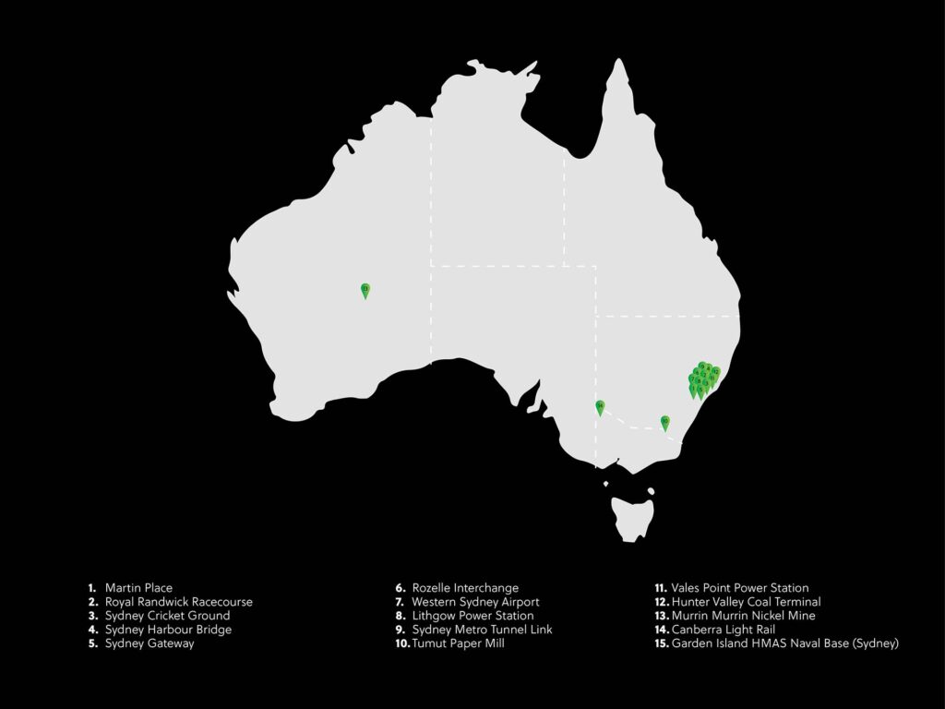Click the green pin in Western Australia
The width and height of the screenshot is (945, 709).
pos(365,290)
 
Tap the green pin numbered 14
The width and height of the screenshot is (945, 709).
pos(600,407)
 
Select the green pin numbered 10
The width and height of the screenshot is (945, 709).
pos(664,423)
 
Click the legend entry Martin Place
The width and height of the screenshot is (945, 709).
pos(138,588)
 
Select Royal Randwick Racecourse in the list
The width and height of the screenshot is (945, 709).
pos(178,602)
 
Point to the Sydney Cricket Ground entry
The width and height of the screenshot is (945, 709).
pos(167,616)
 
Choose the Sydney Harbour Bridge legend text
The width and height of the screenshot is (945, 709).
pos(168,630)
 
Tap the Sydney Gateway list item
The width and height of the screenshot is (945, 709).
pos(150,643)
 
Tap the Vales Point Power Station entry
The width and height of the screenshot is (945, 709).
pos(739,588)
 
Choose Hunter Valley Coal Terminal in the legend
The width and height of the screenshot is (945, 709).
pos(746,602)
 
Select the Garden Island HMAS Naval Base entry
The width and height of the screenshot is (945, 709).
pos(784,643)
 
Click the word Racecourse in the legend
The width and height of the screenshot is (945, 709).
pos(220,602)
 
